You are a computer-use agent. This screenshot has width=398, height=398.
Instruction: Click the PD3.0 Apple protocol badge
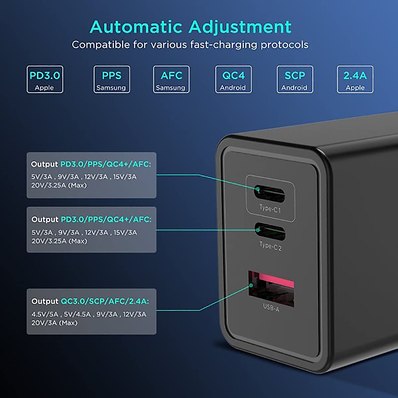coord(45,79)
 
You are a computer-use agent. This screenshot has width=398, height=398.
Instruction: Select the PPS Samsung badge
coord(111,79)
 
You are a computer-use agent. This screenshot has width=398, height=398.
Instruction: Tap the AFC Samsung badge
coord(171,79)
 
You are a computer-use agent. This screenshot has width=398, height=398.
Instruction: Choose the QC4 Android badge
coord(233,79)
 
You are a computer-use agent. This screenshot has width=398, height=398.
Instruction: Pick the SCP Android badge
coord(295,79)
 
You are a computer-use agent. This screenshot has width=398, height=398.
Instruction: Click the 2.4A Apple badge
coord(355,79)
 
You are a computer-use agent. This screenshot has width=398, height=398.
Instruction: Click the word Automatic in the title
coord(136,27)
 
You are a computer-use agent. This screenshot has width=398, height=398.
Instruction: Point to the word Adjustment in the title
coord(240,27)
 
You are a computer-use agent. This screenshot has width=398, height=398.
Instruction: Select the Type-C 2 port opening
coord(270,232)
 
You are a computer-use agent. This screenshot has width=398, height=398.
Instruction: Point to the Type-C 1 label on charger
coord(270,209)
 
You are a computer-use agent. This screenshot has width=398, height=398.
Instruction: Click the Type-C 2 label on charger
coord(270,246)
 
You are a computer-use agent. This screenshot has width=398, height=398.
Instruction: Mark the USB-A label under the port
coord(271,308)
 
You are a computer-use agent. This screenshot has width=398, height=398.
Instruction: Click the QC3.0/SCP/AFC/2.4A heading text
coord(104,301)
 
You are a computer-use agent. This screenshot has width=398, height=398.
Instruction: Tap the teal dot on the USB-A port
coord(251,285)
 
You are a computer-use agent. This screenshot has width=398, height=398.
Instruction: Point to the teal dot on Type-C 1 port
coord(257,190)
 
